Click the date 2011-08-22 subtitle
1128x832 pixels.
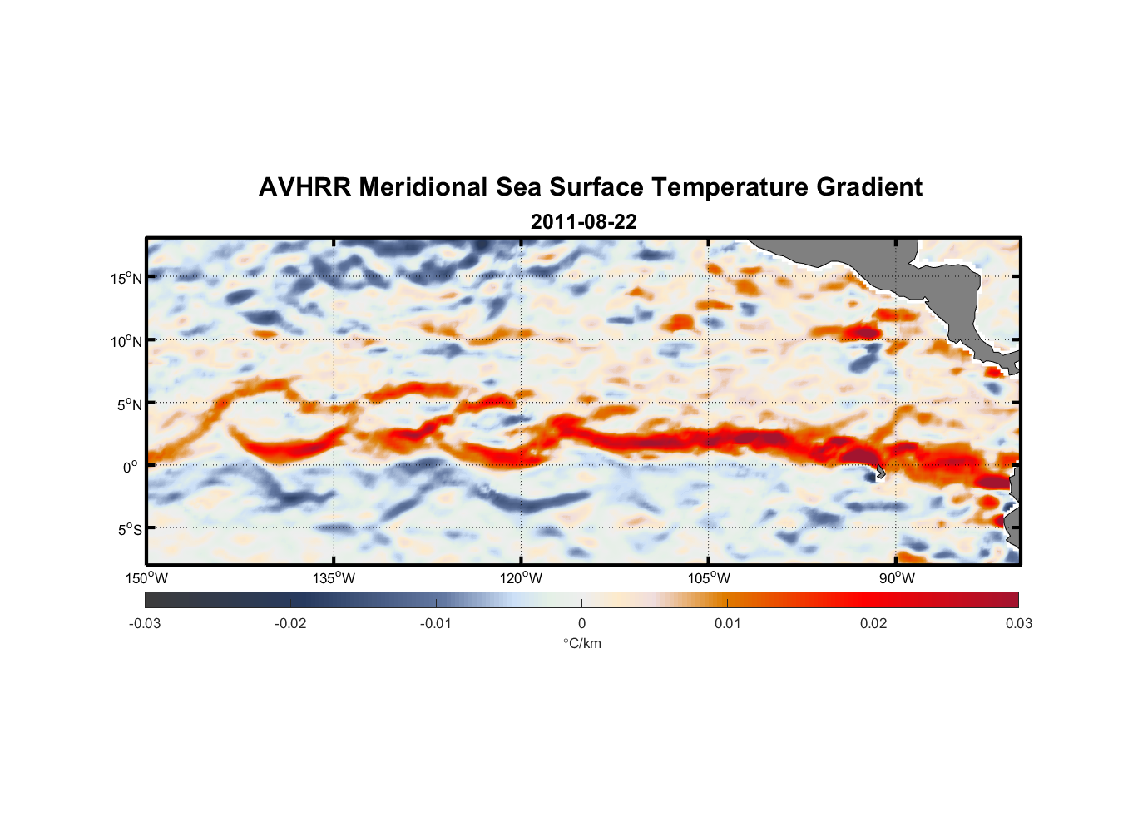click(583, 222)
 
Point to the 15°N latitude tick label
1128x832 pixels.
click(126, 278)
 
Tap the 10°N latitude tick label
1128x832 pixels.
click(126, 341)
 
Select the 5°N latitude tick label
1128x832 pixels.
click(130, 404)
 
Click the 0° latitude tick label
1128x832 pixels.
click(131, 467)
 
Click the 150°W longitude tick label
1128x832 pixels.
click(146, 578)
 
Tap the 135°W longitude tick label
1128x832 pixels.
click(334, 578)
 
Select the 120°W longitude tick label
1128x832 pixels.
click(521, 578)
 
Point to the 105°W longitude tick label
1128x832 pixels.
click(709, 578)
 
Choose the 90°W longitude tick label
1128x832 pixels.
click(897, 578)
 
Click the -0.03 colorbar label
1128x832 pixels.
click(145, 623)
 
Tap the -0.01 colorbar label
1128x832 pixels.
click(436, 623)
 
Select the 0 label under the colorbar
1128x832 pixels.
click(581, 623)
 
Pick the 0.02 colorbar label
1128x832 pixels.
click(873, 623)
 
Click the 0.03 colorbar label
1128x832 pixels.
click(1018, 623)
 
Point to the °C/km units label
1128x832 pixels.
click(581, 643)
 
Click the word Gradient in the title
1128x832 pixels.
click(869, 187)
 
